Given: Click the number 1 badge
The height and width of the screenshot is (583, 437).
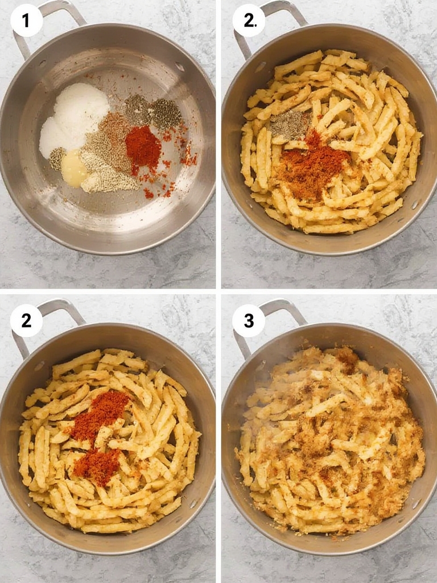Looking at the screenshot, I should click(x=26, y=21).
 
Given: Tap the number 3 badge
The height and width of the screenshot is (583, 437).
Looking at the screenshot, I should click(x=249, y=321).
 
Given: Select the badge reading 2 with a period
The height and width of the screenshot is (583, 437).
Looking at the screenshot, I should click(x=249, y=21).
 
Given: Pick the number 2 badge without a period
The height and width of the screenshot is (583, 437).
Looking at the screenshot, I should click(x=26, y=321).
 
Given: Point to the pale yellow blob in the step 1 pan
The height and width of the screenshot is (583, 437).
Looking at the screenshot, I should click(x=74, y=169).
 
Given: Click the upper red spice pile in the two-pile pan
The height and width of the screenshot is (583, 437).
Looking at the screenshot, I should click(x=101, y=413).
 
